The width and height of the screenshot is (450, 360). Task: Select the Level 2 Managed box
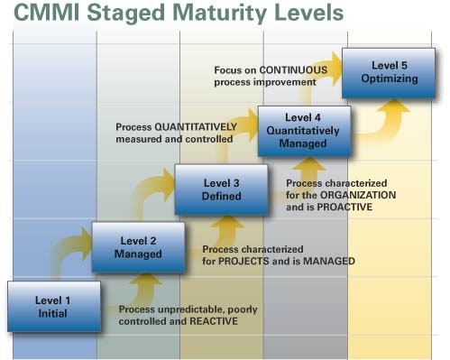coord(138,247)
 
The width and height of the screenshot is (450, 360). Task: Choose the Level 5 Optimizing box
coord(382,71)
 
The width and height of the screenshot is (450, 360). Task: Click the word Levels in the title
coord(303,15)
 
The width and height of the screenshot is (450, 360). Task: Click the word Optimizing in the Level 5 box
coord(382,78)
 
